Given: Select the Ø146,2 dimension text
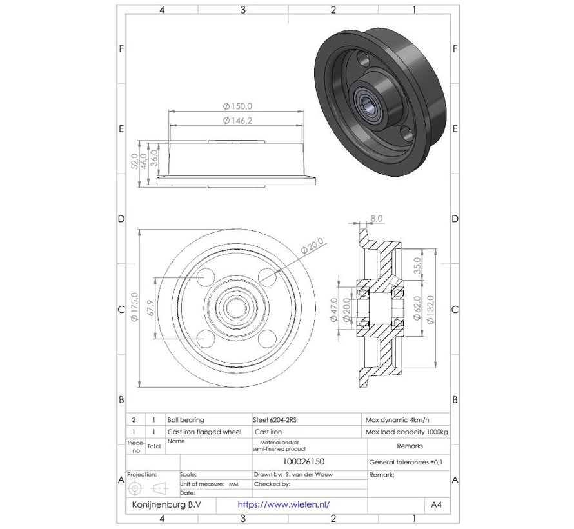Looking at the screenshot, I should click(237, 120).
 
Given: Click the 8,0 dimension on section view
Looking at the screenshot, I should click(376, 219).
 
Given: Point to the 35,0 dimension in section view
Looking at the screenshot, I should click(417, 265).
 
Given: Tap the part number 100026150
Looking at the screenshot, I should click(308, 462).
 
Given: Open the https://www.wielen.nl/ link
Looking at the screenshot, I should click(288, 505).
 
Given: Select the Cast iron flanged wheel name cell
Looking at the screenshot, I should click(203, 432).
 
